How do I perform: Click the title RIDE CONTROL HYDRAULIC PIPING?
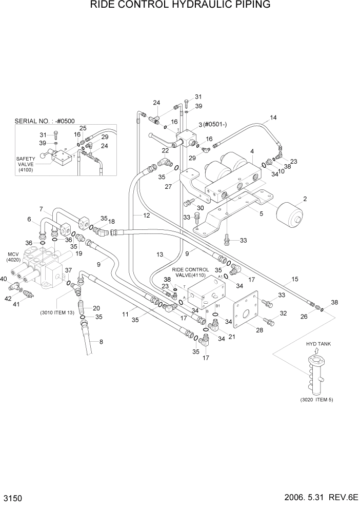180,6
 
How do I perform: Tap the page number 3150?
14,498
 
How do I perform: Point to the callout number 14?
273,118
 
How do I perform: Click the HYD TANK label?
316,344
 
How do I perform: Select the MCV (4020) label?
13,257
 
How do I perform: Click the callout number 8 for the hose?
101,342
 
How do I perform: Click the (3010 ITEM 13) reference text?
57,312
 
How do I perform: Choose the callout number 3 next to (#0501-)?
201,125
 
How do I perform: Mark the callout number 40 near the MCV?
4,279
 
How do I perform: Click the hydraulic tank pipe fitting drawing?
316,374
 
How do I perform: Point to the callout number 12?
147,216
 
